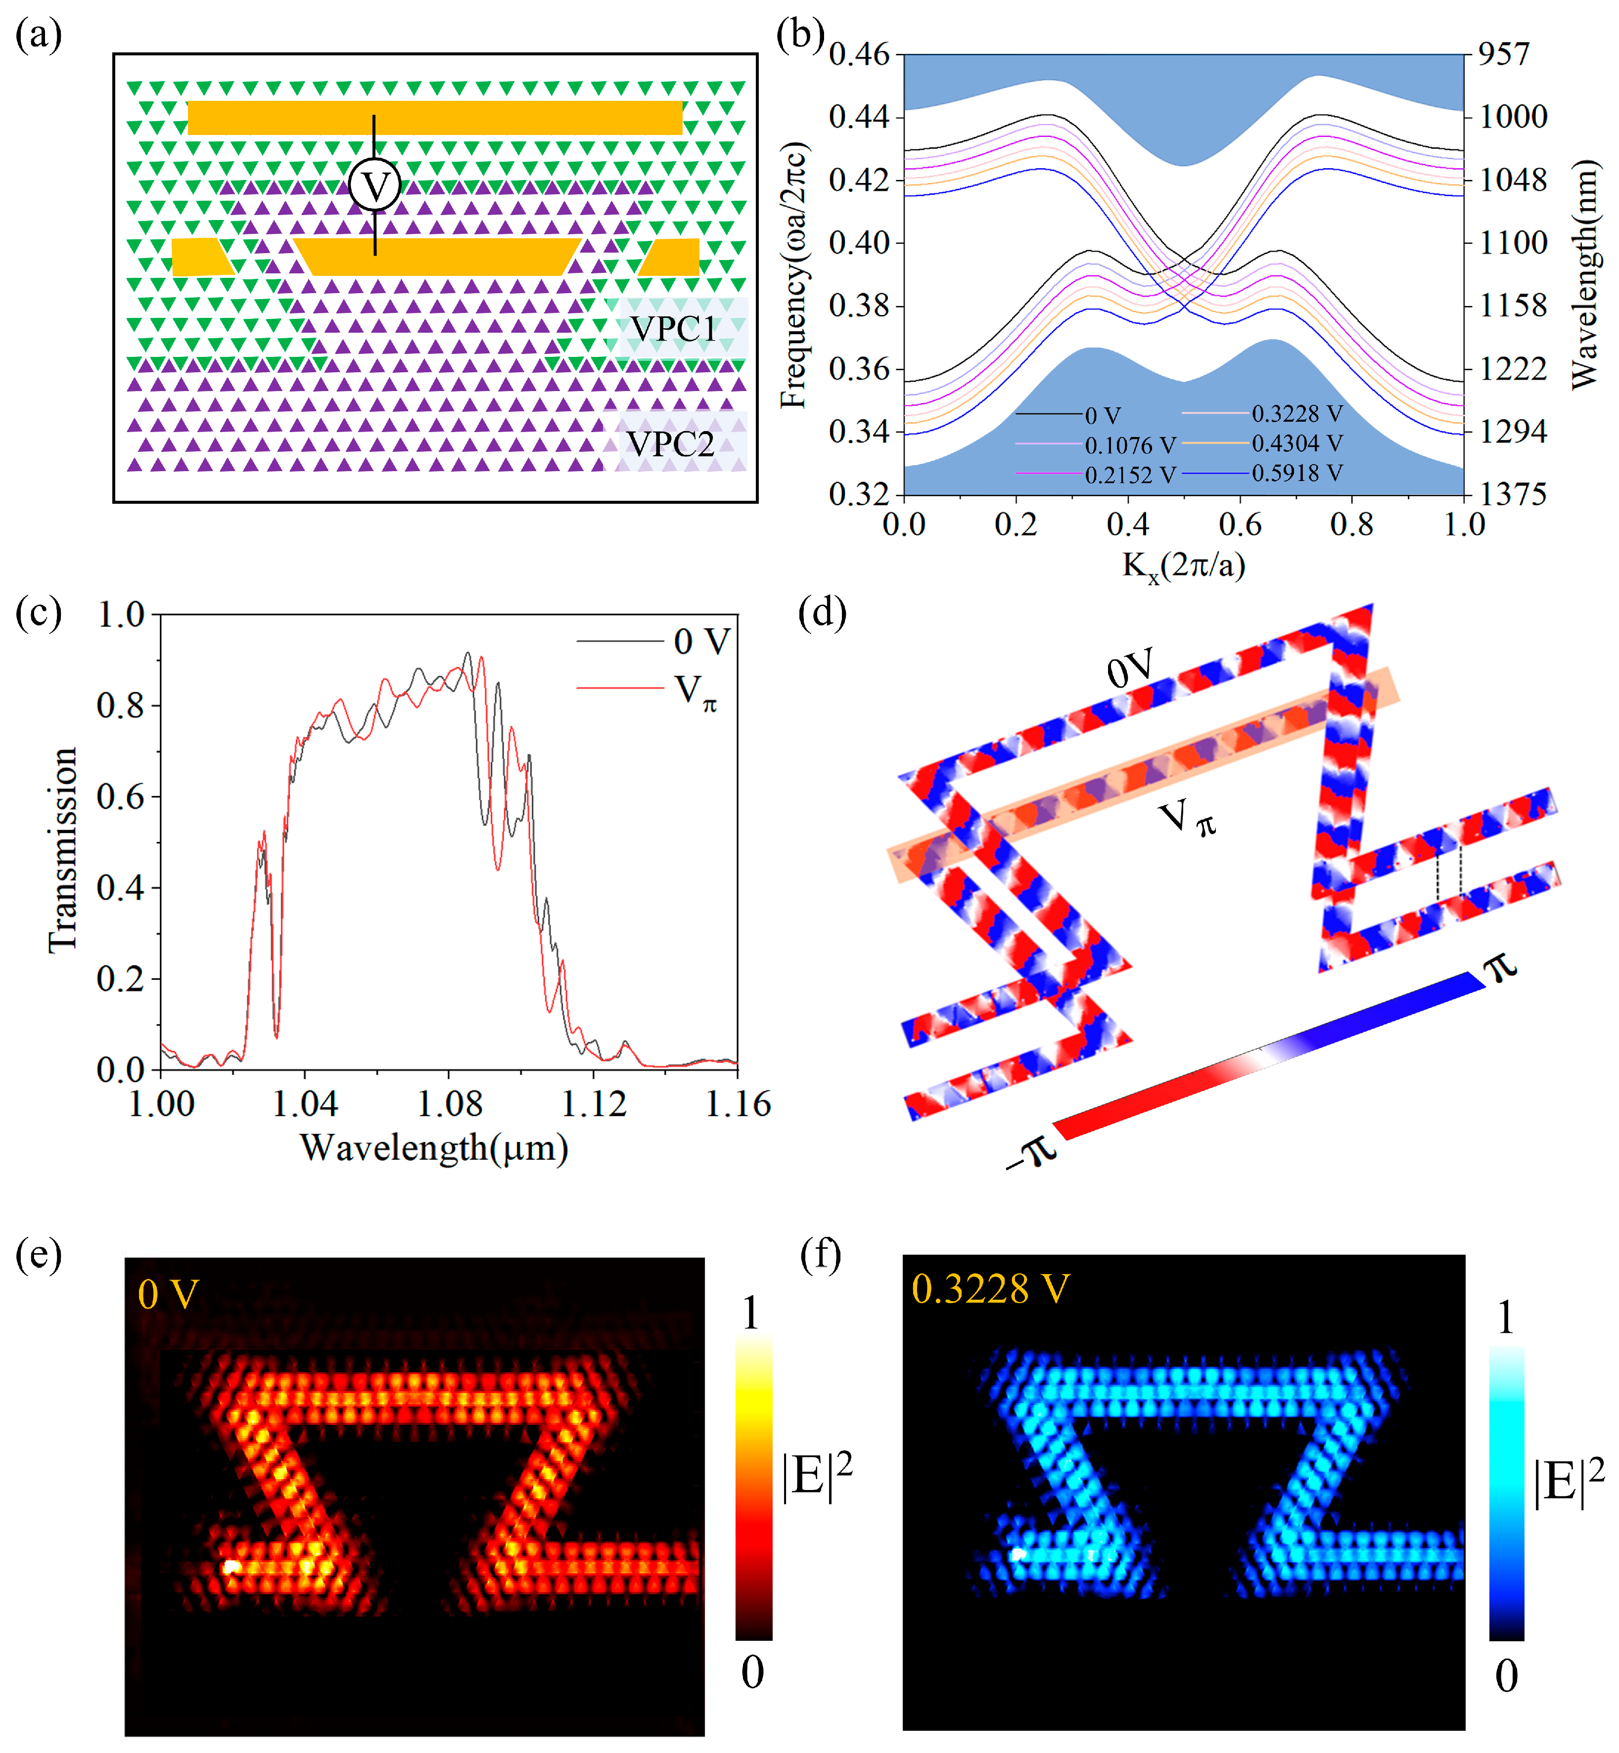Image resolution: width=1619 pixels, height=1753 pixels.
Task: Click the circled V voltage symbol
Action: tap(374, 186)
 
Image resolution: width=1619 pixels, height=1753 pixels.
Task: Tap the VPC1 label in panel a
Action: tap(674, 329)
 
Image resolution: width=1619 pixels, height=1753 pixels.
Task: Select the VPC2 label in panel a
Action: tap(671, 444)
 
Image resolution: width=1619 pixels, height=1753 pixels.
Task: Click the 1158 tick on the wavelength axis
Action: tap(1513, 306)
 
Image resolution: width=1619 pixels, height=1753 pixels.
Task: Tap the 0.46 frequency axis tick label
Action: tap(859, 54)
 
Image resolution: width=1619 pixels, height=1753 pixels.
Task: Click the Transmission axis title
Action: tap(63, 849)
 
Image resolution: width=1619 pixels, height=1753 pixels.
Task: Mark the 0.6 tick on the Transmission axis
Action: tap(120, 797)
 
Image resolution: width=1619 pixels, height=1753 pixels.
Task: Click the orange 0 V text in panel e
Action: tap(168, 1294)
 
